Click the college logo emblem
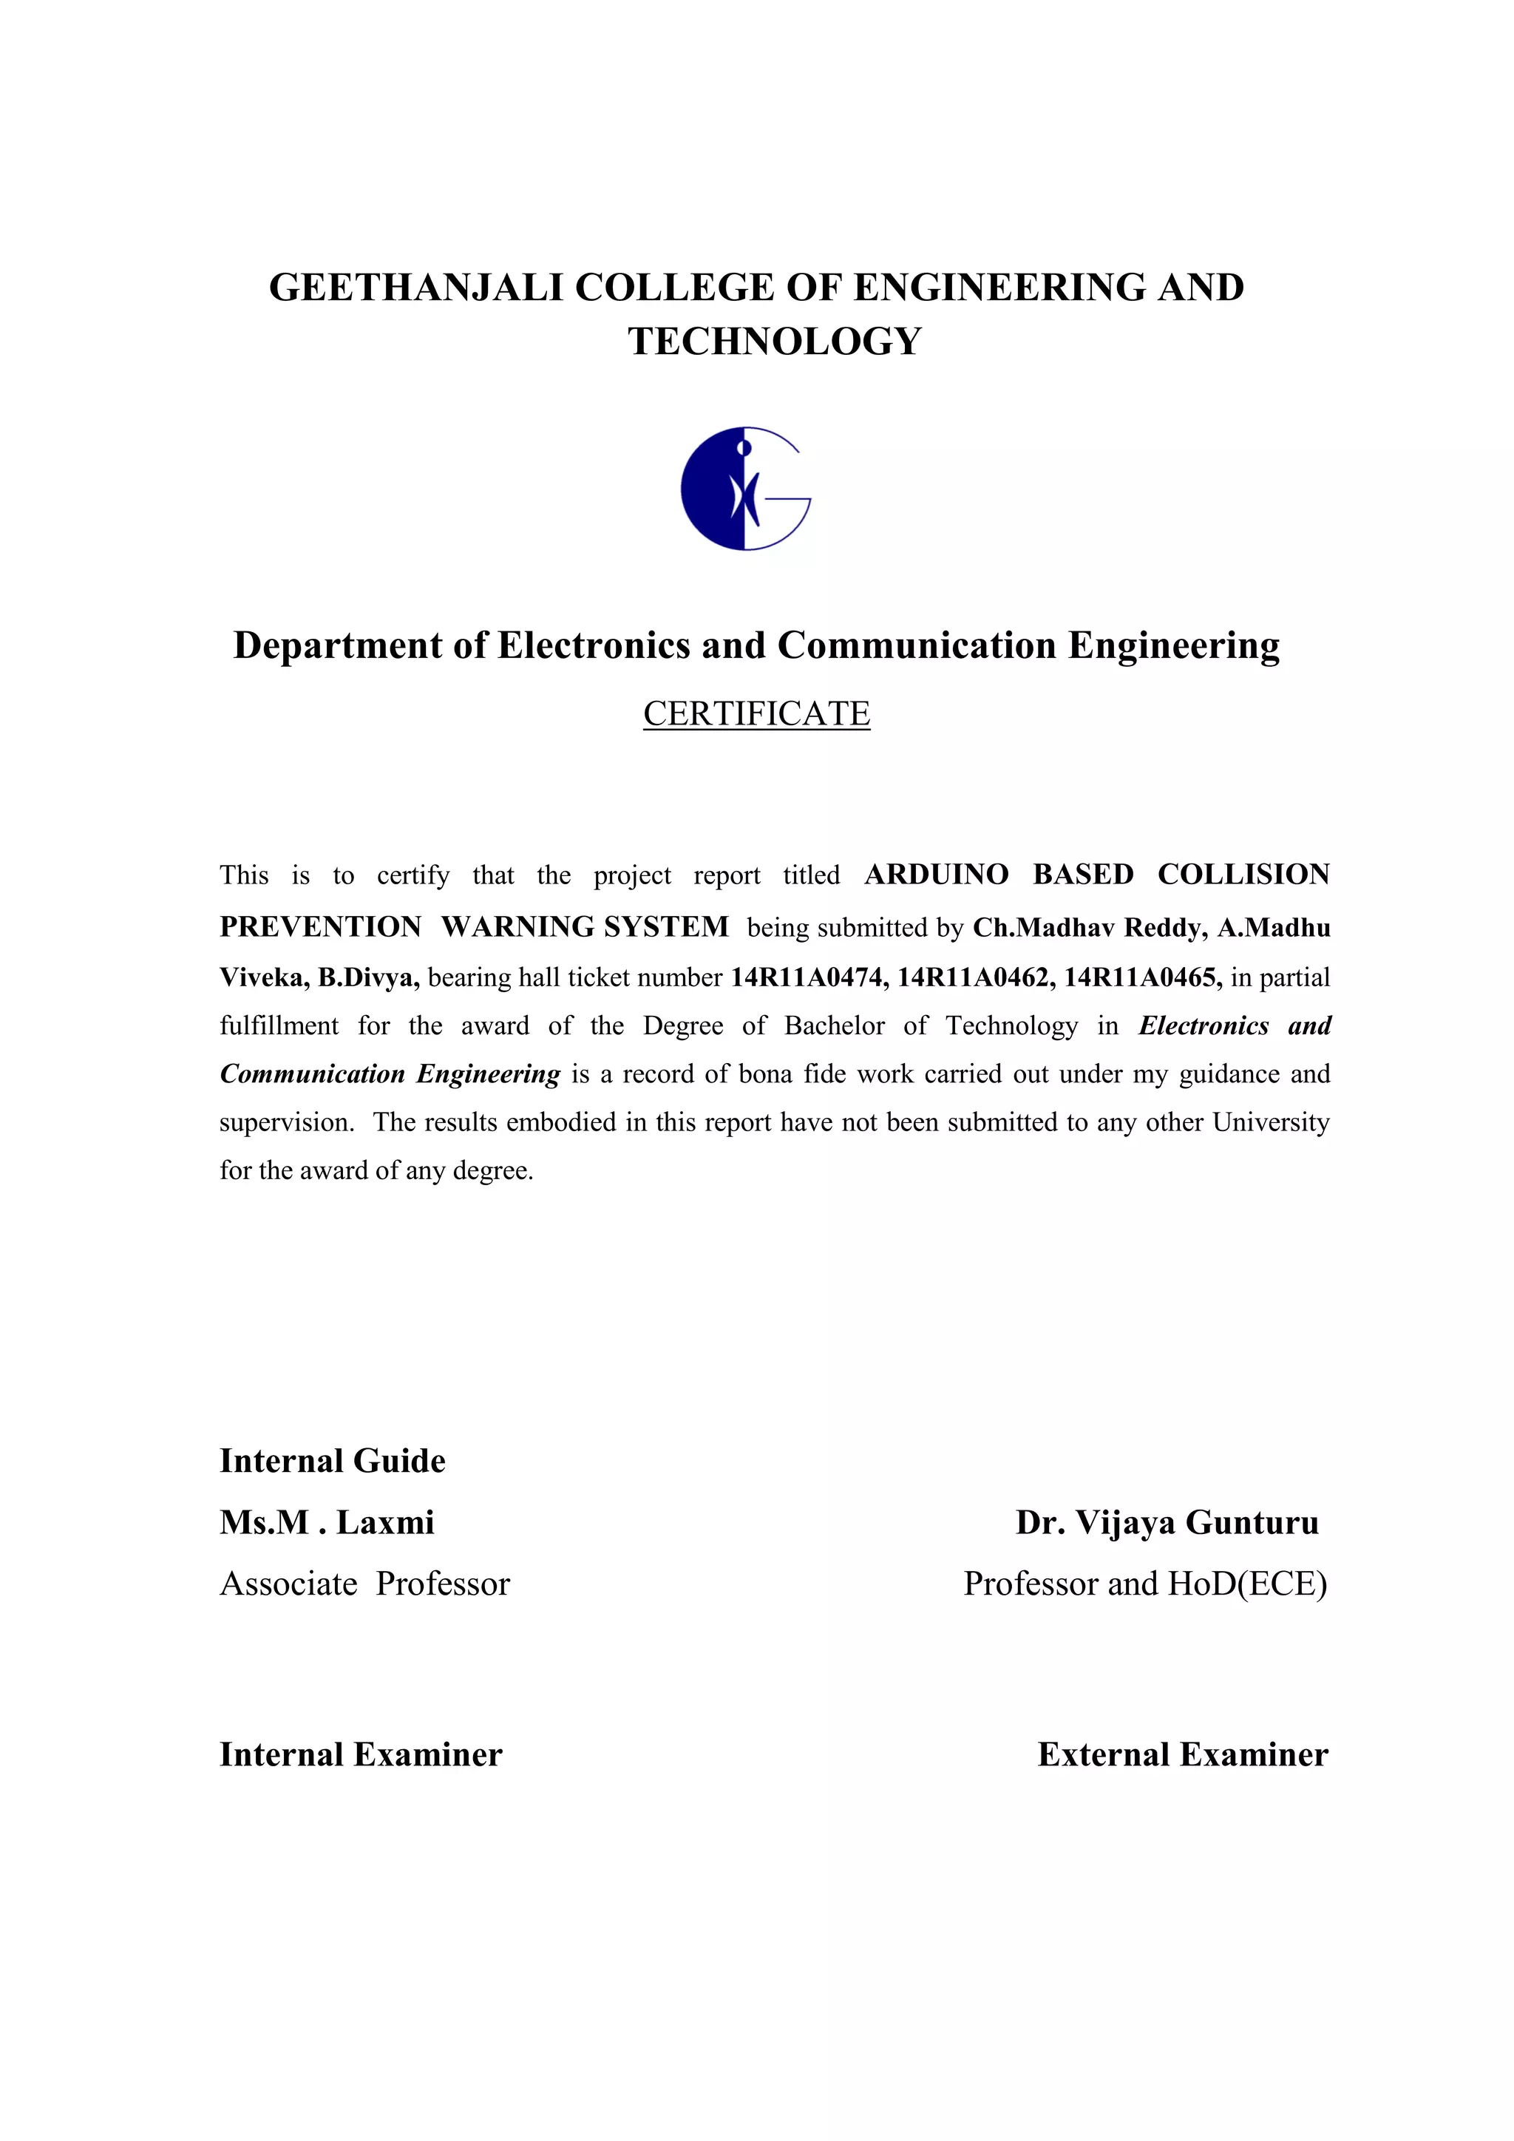tap(745, 489)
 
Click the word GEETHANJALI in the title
tap(415, 287)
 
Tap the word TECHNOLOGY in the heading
tap(775, 342)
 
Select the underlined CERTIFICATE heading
tap(756, 714)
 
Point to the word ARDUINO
tap(936, 875)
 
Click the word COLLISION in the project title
tap(1243, 875)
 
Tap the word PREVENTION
tap(321, 927)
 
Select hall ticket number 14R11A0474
tap(808, 977)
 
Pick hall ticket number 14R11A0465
tap(1142, 977)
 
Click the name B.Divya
tap(368, 977)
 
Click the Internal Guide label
tap(332, 1461)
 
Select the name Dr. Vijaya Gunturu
tap(1167, 1523)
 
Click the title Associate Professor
tap(364, 1584)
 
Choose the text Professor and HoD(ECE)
tap(1145, 1584)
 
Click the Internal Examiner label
tap(361, 1755)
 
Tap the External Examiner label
tap(1182, 1755)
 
